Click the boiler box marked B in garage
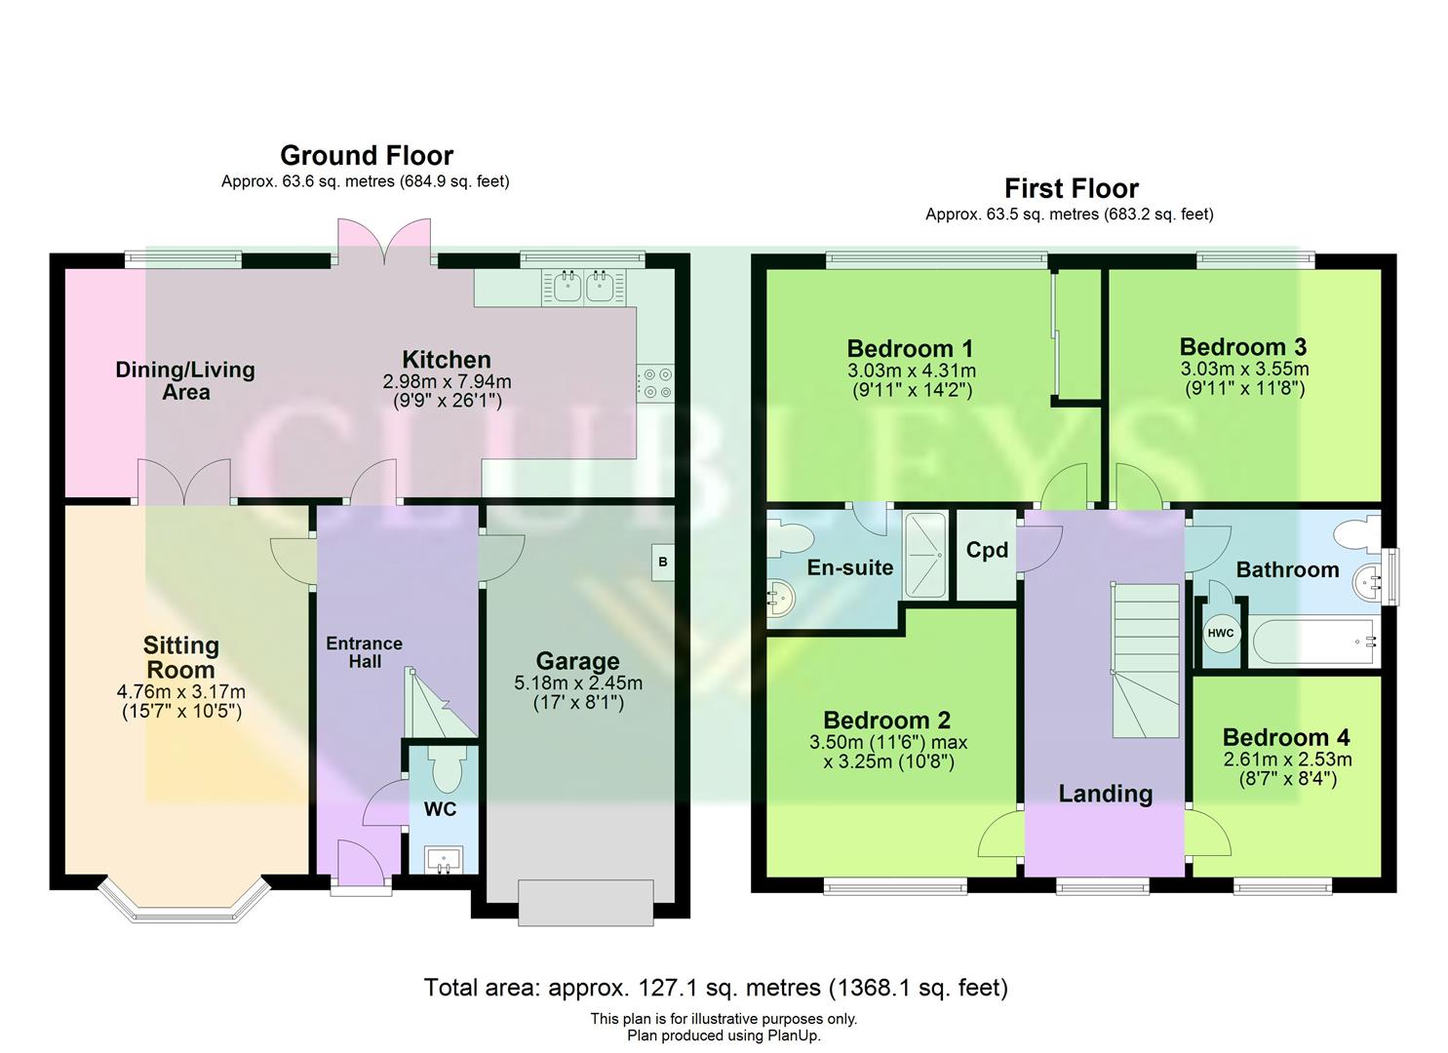662,563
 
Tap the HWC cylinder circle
1220,634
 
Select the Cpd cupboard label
987,550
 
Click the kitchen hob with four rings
654,381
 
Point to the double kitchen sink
582,286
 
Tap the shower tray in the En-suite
925,555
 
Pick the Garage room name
577,662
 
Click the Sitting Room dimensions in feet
181,712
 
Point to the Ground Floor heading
367,156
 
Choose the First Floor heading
1072,188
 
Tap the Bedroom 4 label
1285,737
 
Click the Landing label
1105,794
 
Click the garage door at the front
585,902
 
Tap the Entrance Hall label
364,652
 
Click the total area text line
715,988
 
